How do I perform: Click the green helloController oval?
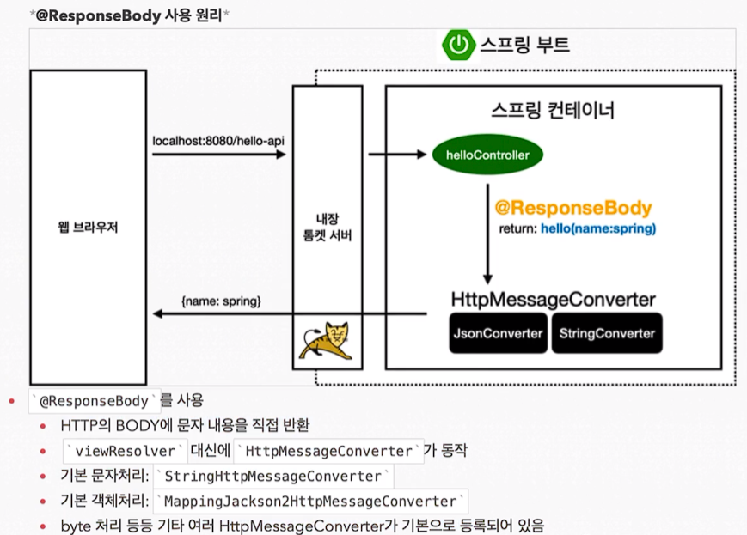click(487, 155)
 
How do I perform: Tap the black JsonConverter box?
click(499, 333)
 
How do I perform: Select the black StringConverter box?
click(607, 333)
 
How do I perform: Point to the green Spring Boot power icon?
click(459, 45)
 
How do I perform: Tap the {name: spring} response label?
click(222, 302)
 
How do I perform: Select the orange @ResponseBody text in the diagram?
click(573, 209)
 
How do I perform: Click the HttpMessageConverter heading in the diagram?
click(554, 300)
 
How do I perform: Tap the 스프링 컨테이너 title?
click(553, 112)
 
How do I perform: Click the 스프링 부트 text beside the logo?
click(524, 45)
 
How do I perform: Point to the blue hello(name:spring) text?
click(598, 229)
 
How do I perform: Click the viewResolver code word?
click(126, 451)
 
